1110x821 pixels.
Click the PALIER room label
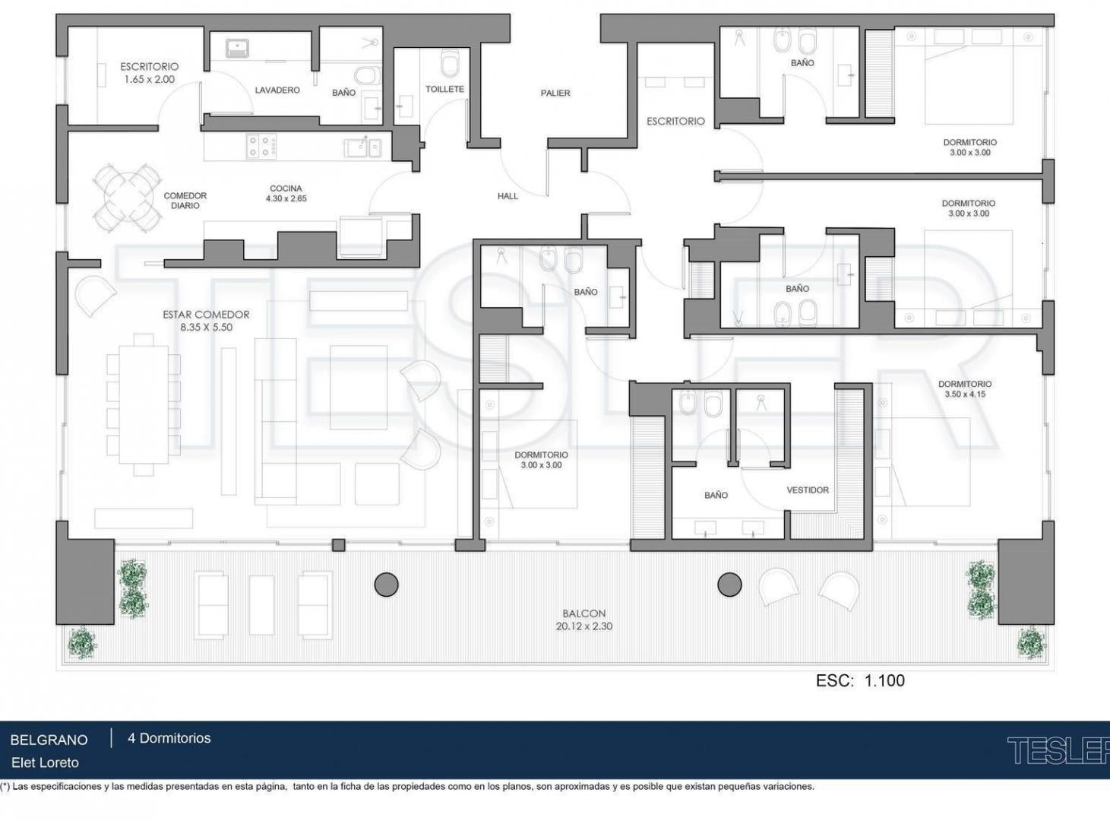point(555,94)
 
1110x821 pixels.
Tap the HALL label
point(508,196)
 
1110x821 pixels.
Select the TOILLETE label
point(445,89)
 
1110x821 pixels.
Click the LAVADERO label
point(277,90)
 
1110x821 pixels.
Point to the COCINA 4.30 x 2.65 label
point(286,193)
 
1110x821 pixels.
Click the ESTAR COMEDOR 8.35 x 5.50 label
point(206,321)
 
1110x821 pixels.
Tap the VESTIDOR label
point(808,490)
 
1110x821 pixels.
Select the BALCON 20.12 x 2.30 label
point(584,620)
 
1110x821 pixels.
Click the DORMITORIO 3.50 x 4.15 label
point(965,389)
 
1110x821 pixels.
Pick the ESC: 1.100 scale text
point(860,680)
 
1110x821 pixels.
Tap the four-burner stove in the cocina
point(261,147)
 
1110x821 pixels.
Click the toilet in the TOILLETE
point(451,62)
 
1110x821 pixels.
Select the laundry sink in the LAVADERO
point(238,49)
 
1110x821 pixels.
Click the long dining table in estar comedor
point(144,404)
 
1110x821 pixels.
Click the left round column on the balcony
point(387,585)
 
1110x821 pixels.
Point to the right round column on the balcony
point(729,585)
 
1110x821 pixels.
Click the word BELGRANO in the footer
point(49,740)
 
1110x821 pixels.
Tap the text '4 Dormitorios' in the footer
point(169,738)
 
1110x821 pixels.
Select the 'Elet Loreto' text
point(45,763)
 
